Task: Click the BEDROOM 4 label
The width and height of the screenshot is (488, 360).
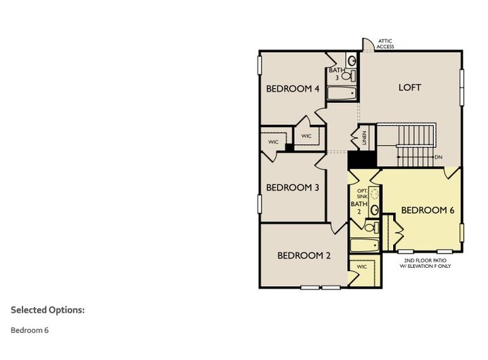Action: (x=292, y=89)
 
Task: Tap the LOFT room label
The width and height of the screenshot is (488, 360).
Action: (x=409, y=87)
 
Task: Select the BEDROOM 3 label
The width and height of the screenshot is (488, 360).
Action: (x=292, y=187)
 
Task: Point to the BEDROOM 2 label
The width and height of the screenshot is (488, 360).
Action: (x=304, y=256)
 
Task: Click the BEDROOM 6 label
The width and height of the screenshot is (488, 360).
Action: (x=427, y=210)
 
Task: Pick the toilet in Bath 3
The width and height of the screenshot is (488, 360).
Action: (x=347, y=76)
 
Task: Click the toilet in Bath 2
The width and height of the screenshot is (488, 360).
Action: (x=371, y=228)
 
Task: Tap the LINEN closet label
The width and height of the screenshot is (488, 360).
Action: (x=364, y=138)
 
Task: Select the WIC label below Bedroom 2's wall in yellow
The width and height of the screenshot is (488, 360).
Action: (x=361, y=266)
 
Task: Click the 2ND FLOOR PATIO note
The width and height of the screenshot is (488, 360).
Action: (x=427, y=263)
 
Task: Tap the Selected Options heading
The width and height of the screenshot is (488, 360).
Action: (x=47, y=310)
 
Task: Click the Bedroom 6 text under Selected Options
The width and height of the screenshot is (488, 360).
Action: (x=29, y=330)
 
